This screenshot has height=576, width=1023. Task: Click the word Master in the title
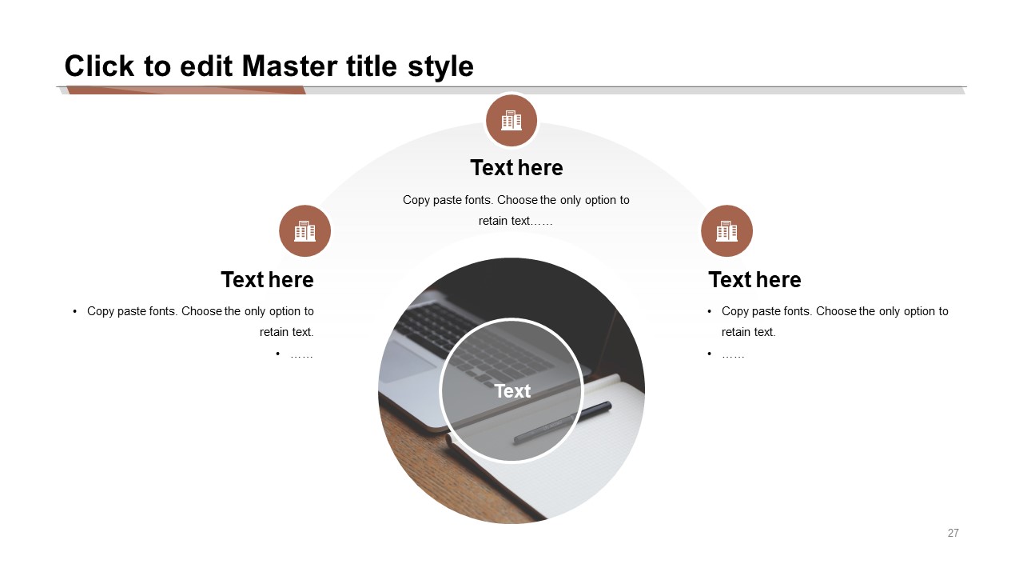pos(289,66)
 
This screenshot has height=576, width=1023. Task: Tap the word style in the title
pos(440,67)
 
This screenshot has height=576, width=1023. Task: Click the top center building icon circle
pos(511,121)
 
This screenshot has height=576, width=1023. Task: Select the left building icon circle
pos(305,231)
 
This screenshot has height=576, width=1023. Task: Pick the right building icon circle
pos(726,231)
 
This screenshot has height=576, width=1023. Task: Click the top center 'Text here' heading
pos(516,168)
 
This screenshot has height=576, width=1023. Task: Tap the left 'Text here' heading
pos(267,280)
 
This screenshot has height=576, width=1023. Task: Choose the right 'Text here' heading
pos(754,280)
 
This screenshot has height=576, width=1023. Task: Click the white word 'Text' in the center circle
pos(512,391)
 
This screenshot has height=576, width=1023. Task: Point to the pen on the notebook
pos(562,422)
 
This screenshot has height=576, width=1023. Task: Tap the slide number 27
pos(953,533)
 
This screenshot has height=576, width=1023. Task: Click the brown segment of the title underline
pos(186,90)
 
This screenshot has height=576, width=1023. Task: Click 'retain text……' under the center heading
pos(515,222)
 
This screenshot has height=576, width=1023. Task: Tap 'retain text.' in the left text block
pos(286,332)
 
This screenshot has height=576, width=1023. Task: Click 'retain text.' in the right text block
pos(749,332)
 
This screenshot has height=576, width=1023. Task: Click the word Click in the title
pos(100,66)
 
